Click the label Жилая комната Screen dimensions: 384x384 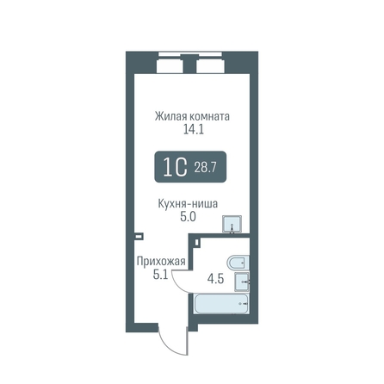tap(192, 116)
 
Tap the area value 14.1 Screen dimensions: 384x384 tap(194, 130)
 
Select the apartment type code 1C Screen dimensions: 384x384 tap(175, 167)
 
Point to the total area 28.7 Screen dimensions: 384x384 tap(205, 167)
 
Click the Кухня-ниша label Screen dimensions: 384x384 tap(188, 204)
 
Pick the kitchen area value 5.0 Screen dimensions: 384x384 tap(188, 217)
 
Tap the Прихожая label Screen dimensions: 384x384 tap(161, 262)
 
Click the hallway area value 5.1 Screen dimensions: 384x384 tap(160, 275)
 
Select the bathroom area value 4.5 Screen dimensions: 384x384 tap(216, 279)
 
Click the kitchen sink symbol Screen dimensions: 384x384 tap(232, 224)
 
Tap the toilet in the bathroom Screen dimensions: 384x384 tap(238, 262)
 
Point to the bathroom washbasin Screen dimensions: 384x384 tap(242, 282)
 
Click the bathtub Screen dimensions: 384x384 tap(221, 304)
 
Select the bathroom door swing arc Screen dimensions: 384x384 tap(178, 285)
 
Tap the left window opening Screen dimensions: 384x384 tap(170, 66)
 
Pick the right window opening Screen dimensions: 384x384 tap(210, 66)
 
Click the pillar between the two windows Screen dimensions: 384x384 tap(189, 64)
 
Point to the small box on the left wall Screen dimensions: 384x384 tap(139, 237)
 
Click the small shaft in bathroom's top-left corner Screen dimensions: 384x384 tap(196, 242)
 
